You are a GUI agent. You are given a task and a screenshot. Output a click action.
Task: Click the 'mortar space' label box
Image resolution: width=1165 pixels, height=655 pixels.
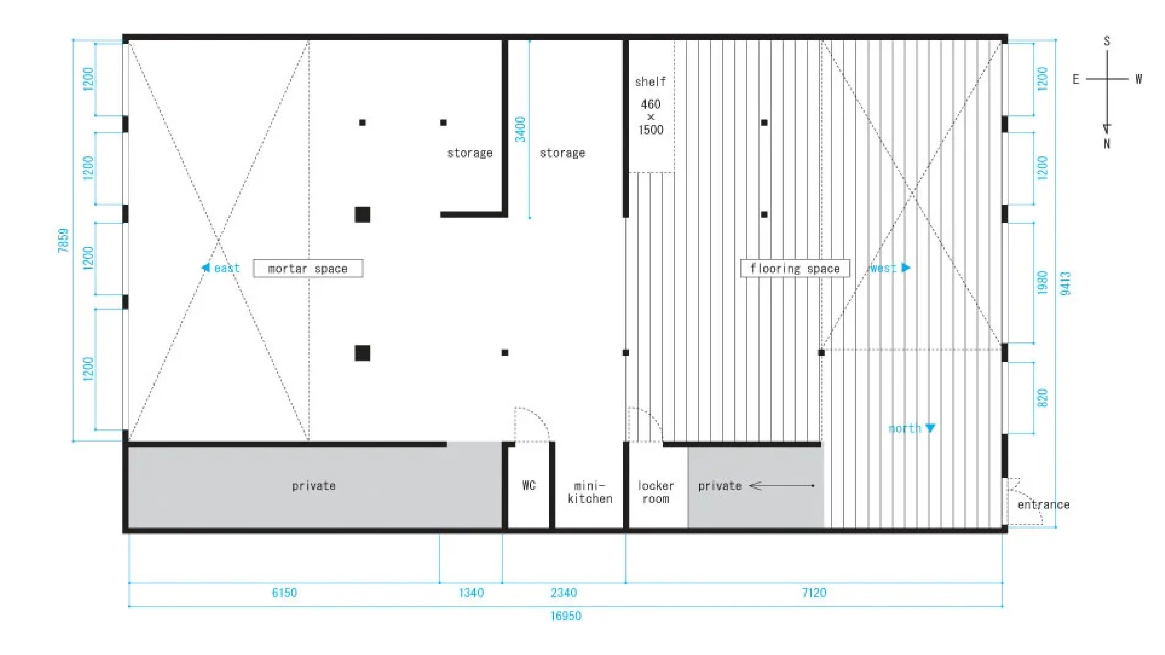[308, 268]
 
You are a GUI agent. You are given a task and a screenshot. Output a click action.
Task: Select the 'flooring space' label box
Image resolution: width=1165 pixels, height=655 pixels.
[795, 268]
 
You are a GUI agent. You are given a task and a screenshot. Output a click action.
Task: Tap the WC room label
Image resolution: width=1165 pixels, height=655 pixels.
[529, 486]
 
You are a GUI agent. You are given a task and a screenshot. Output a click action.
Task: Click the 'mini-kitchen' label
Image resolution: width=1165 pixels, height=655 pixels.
[590, 492]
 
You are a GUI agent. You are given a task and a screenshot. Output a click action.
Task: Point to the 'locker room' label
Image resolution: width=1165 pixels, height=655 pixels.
[655, 492]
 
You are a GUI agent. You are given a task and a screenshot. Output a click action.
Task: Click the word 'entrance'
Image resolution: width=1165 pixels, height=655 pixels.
[1043, 504]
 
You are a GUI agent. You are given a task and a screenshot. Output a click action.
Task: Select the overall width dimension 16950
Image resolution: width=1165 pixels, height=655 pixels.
[565, 616]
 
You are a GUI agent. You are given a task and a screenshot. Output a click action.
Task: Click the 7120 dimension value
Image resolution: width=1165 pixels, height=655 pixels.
[813, 593]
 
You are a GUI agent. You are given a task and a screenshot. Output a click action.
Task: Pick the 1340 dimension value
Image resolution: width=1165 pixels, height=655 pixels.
[471, 593]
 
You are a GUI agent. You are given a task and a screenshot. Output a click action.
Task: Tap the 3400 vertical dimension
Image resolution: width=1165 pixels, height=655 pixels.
[520, 129]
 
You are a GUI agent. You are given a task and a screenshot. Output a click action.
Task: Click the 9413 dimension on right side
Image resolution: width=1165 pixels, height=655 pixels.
[1065, 284]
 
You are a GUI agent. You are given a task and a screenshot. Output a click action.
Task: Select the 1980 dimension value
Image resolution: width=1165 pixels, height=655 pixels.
[1042, 282]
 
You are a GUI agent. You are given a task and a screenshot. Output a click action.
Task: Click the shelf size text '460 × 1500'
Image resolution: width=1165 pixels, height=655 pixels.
[651, 117]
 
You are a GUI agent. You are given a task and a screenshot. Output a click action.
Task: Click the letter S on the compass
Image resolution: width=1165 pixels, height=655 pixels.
[1107, 41]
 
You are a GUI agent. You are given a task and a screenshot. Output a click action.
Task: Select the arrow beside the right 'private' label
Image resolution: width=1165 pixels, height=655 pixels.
[781, 486]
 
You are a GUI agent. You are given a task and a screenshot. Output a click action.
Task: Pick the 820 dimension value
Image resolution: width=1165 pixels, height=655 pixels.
[1042, 398]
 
